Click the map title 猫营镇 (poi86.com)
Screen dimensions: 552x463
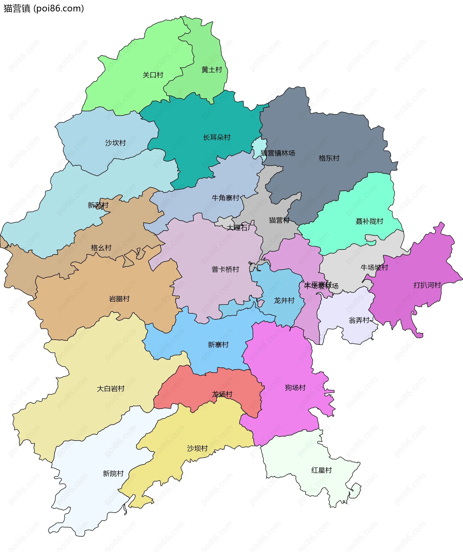[44, 9]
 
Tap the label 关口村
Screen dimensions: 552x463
[153, 75]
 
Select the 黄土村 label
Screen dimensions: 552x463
[212, 70]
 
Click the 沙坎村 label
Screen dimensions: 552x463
[116, 143]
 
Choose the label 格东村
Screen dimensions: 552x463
[329, 158]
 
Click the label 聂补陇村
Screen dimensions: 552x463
[369, 221]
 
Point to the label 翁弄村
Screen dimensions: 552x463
[359, 320]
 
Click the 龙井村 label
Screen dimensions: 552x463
[284, 300]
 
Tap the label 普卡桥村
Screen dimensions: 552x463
[225, 269]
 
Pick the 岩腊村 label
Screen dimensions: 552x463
[119, 299]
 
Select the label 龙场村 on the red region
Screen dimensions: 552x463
[222, 394]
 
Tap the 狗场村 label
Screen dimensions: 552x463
[295, 388]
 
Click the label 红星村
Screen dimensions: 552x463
[322, 470]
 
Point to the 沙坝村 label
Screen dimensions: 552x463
[197, 448]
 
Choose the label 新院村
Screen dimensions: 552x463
[113, 474]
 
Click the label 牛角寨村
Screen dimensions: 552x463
[225, 198]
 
